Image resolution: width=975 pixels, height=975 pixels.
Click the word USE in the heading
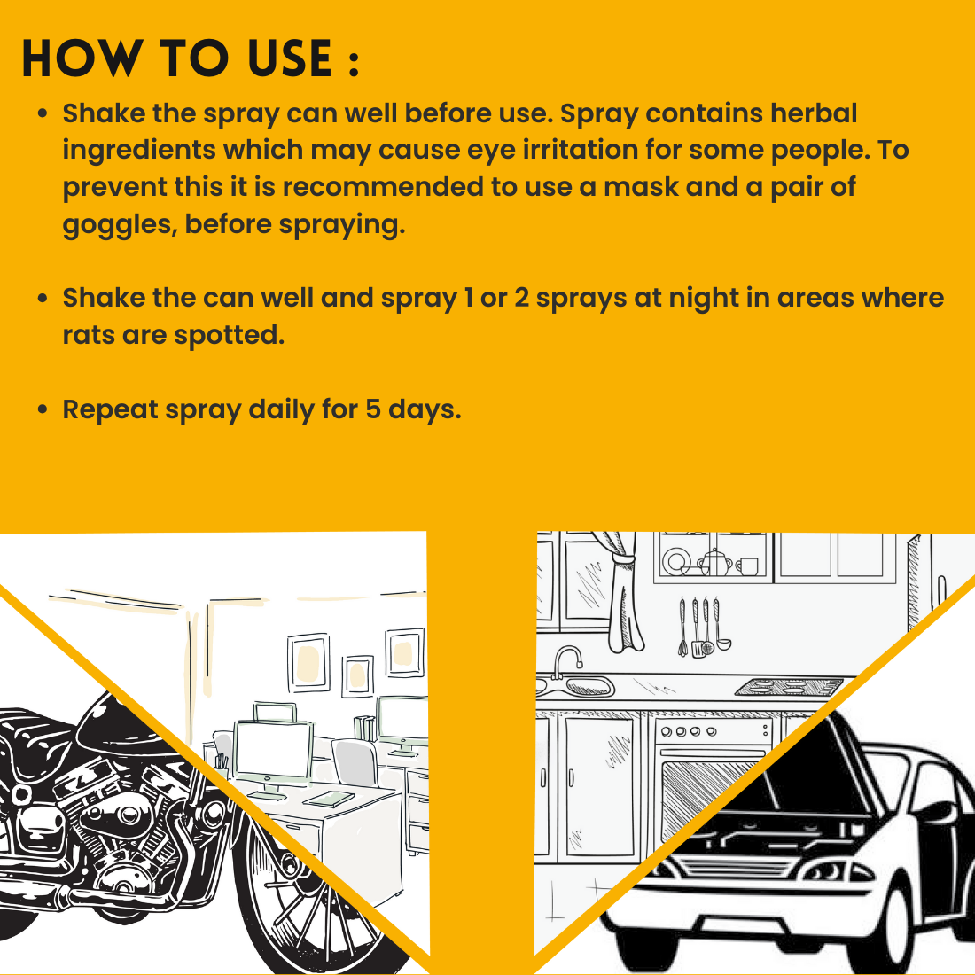pos(290,58)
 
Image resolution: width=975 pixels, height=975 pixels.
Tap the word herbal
pos(814,113)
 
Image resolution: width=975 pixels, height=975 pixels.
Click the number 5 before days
pos(373,409)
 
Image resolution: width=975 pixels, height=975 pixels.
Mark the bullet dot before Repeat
pos(43,409)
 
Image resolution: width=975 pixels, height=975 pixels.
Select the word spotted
pos(230,336)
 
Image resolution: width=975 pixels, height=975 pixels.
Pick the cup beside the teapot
pos(747,565)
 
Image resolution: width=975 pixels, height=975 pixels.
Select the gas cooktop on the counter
pos(789,687)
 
